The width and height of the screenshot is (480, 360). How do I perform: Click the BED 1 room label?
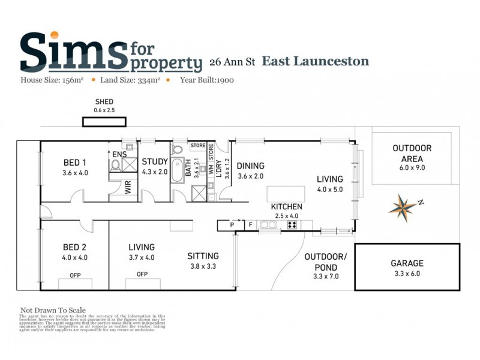pyautogui.click(x=76, y=163)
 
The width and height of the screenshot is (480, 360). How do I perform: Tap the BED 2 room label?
pyautogui.click(x=76, y=247)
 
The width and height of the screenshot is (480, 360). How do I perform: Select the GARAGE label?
pyautogui.click(x=407, y=263)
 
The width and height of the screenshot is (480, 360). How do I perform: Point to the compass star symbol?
pyautogui.click(x=403, y=206)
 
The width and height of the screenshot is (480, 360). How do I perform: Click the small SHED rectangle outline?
pyautogui.click(x=104, y=122)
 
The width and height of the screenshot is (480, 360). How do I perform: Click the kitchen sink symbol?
pyautogui.click(x=268, y=226)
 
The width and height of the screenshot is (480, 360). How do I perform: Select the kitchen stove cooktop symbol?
pyautogui.click(x=293, y=226)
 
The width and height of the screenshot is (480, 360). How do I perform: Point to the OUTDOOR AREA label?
pyautogui.click(x=412, y=153)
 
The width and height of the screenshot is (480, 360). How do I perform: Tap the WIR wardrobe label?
pyautogui.click(x=128, y=187)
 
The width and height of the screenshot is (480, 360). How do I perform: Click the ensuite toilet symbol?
pyautogui.click(x=116, y=164)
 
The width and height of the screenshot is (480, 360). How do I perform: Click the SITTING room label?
pyautogui.click(x=203, y=256)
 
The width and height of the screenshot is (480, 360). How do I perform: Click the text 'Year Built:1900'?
pyautogui.click(x=208, y=79)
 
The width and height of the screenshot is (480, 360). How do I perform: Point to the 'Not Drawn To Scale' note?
pyautogui.click(x=53, y=310)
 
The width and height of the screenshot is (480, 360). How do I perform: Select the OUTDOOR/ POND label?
pyautogui.click(x=326, y=262)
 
